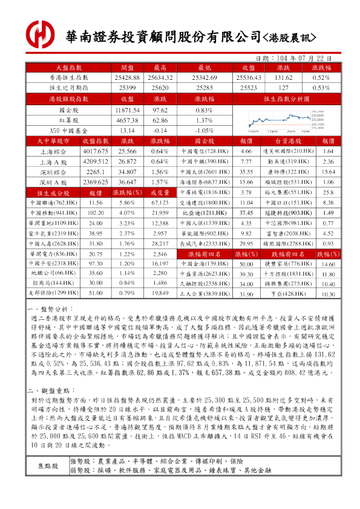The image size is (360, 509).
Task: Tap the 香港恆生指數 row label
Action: coord(71,78)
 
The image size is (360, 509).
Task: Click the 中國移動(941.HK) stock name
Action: coord(53,213)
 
